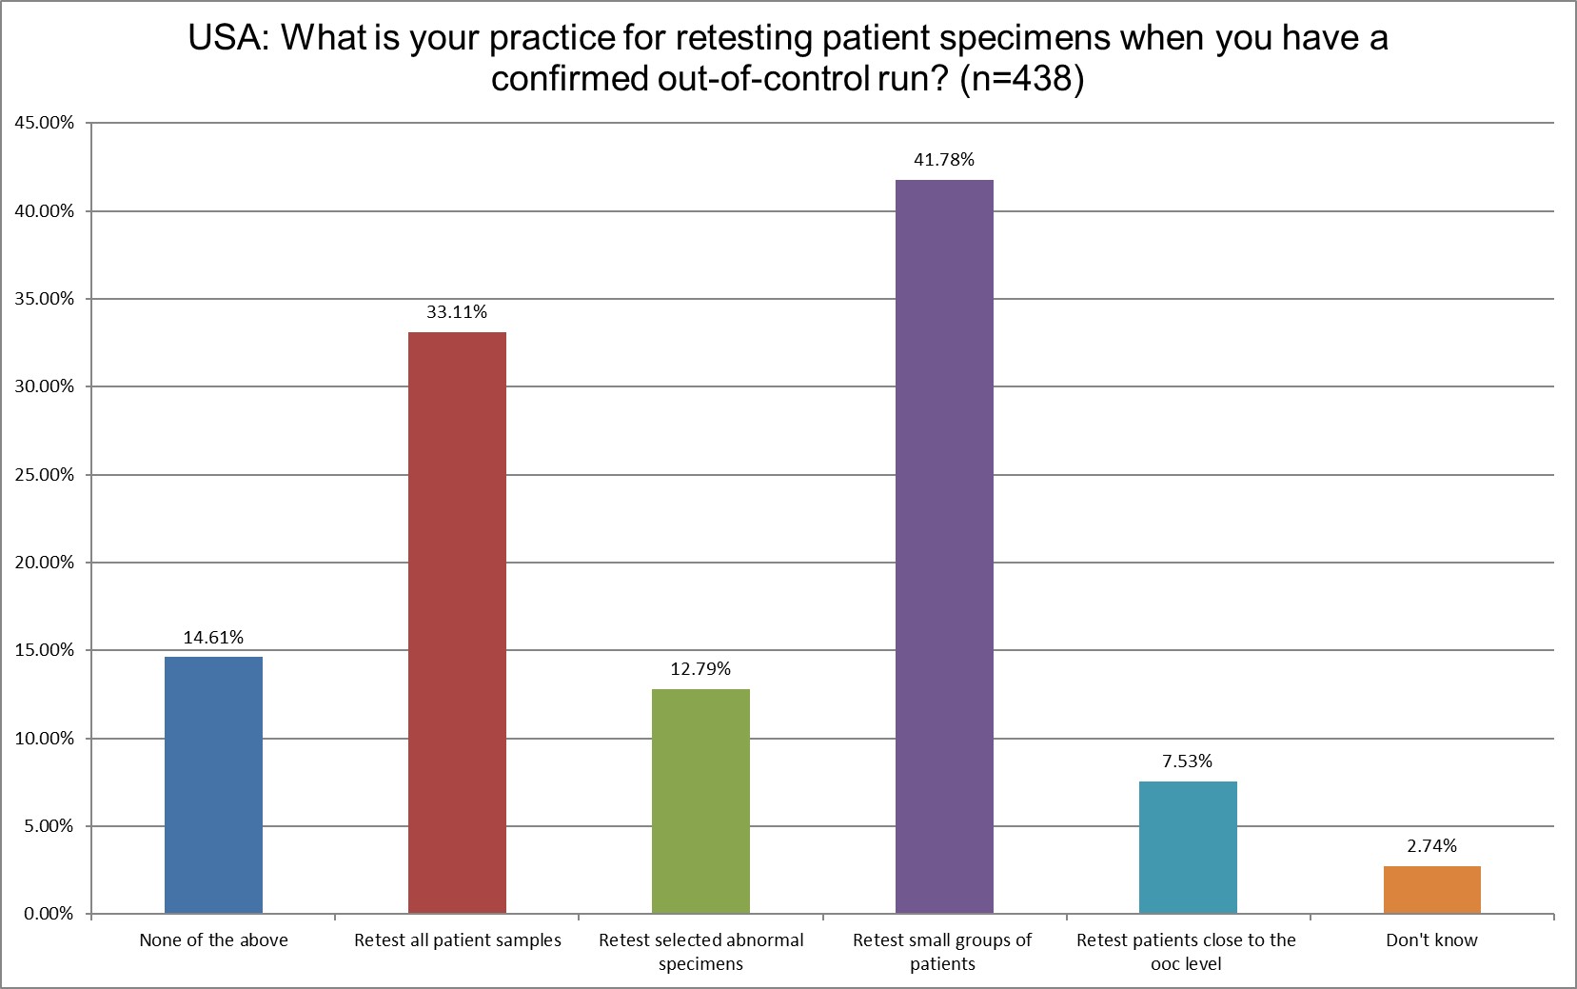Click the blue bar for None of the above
pos(213,785)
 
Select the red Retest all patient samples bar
pos(457,623)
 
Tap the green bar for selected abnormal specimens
pos(700,801)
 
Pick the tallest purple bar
pos(944,546)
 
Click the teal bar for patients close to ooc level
pos(1188,847)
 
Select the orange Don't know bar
pos(1431,889)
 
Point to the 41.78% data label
pos(944,160)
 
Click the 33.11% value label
pos(457,312)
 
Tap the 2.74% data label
pos(1431,846)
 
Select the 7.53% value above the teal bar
pos(1188,762)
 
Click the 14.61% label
pos(213,638)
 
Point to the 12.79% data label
pos(700,669)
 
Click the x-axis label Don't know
pos(1431,940)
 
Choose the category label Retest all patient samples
pos(457,940)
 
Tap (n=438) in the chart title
pos(1021,80)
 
